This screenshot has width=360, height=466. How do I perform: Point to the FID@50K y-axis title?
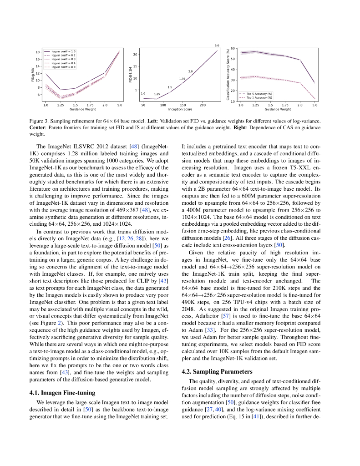click(32, 75)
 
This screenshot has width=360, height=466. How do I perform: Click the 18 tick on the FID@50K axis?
click(38, 52)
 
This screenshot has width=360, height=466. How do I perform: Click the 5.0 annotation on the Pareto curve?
click(217, 46)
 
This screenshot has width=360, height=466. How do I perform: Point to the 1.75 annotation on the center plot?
click(182, 79)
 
